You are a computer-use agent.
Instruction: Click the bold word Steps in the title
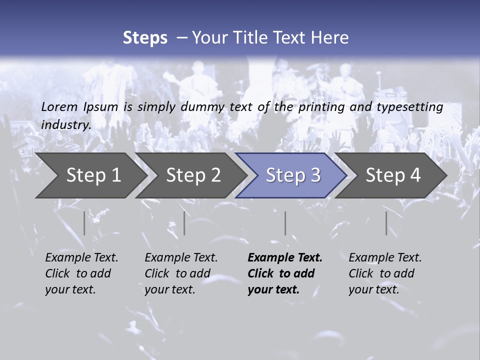tap(145, 38)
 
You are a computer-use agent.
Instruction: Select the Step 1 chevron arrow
tap(90, 175)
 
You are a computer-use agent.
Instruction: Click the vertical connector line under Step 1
tap(84, 223)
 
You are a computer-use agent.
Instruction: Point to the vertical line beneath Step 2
tap(184, 223)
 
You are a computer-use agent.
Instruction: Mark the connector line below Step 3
tap(285, 223)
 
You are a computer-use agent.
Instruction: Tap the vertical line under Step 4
tap(386, 223)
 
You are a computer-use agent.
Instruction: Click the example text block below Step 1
tap(81, 273)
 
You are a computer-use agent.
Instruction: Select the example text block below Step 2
tap(181, 273)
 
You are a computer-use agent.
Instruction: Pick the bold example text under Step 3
tap(285, 273)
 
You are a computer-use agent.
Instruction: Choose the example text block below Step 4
tap(385, 273)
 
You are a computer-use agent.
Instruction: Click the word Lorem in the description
tap(59, 106)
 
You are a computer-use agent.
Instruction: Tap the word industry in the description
tap(66, 124)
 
